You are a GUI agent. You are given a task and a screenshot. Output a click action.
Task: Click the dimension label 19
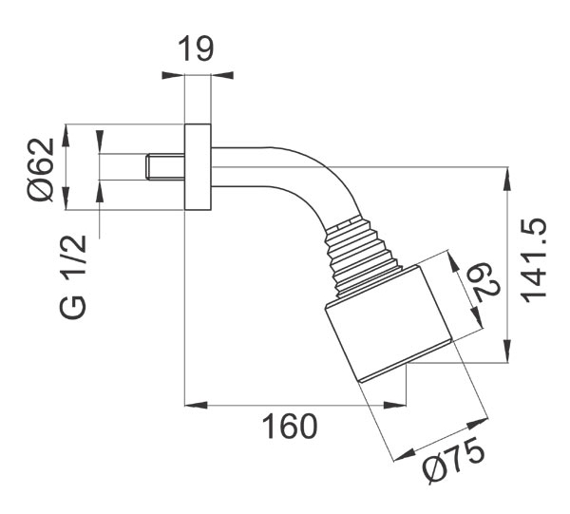196,48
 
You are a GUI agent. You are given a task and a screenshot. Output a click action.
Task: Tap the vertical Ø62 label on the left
40,170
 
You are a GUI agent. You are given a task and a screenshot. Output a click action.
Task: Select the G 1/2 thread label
72,277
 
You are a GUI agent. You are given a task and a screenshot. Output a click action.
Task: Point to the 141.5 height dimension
533,260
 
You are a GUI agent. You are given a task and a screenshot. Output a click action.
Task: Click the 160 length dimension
290,426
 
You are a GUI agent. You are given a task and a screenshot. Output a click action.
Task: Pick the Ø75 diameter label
453,460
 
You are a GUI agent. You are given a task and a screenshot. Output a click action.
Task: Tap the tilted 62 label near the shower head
485,282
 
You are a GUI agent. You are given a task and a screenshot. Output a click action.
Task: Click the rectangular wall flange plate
198,167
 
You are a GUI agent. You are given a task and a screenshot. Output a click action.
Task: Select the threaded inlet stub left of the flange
165,166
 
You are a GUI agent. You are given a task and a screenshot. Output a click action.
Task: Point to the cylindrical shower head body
389,324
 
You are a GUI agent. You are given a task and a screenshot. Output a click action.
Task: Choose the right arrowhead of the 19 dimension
222,75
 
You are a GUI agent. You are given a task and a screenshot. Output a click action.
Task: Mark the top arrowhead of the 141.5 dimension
507,178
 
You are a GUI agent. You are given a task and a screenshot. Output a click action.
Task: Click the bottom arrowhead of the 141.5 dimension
507,352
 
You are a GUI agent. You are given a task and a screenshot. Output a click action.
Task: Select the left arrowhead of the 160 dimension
197,405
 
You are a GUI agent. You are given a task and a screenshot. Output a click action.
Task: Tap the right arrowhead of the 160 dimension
395,405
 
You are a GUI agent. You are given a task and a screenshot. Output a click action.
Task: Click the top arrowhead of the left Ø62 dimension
66,136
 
